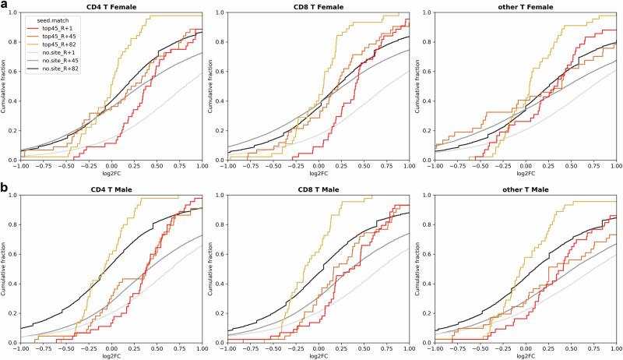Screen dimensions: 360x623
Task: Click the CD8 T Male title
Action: (318, 189)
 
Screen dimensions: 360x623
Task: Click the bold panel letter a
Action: (5, 5)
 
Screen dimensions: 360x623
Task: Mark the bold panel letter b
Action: (5, 188)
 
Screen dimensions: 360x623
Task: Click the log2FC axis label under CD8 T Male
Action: (318, 356)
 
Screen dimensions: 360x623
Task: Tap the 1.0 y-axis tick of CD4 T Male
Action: (13, 195)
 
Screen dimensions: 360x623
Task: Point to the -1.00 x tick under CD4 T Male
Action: (19, 348)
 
